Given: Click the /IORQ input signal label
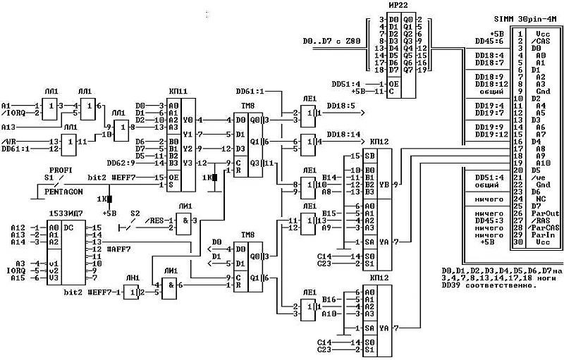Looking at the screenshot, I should pyautogui.click(x=13, y=113).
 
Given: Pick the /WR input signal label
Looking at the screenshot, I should pyautogui.click(x=9, y=142).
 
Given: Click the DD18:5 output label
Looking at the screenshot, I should pyautogui.click(x=339, y=106).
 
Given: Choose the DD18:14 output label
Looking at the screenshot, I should pyautogui.click(x=342, y=134).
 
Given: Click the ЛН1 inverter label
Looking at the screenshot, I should pyautogui.click(x=132, y=277).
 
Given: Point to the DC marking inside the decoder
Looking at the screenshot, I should pyautogui.click(x=69, y=228).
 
